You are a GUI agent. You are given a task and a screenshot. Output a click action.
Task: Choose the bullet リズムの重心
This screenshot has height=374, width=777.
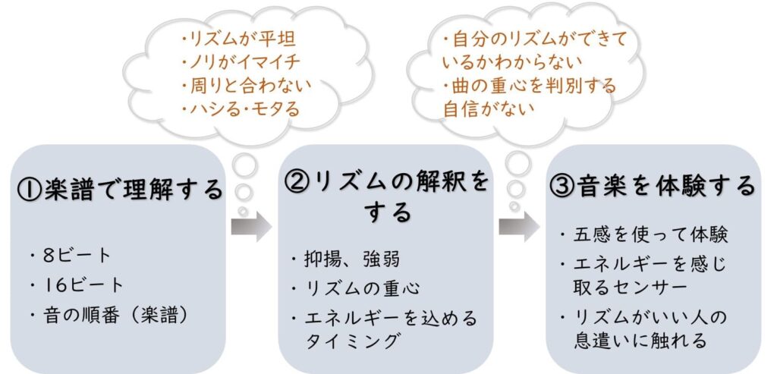click(x=357, y=288)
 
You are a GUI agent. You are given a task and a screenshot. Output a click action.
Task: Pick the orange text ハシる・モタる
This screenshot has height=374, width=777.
click(x=242, y=108)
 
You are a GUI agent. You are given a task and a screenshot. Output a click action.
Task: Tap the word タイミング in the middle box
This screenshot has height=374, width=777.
click(x=351, y=341)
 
